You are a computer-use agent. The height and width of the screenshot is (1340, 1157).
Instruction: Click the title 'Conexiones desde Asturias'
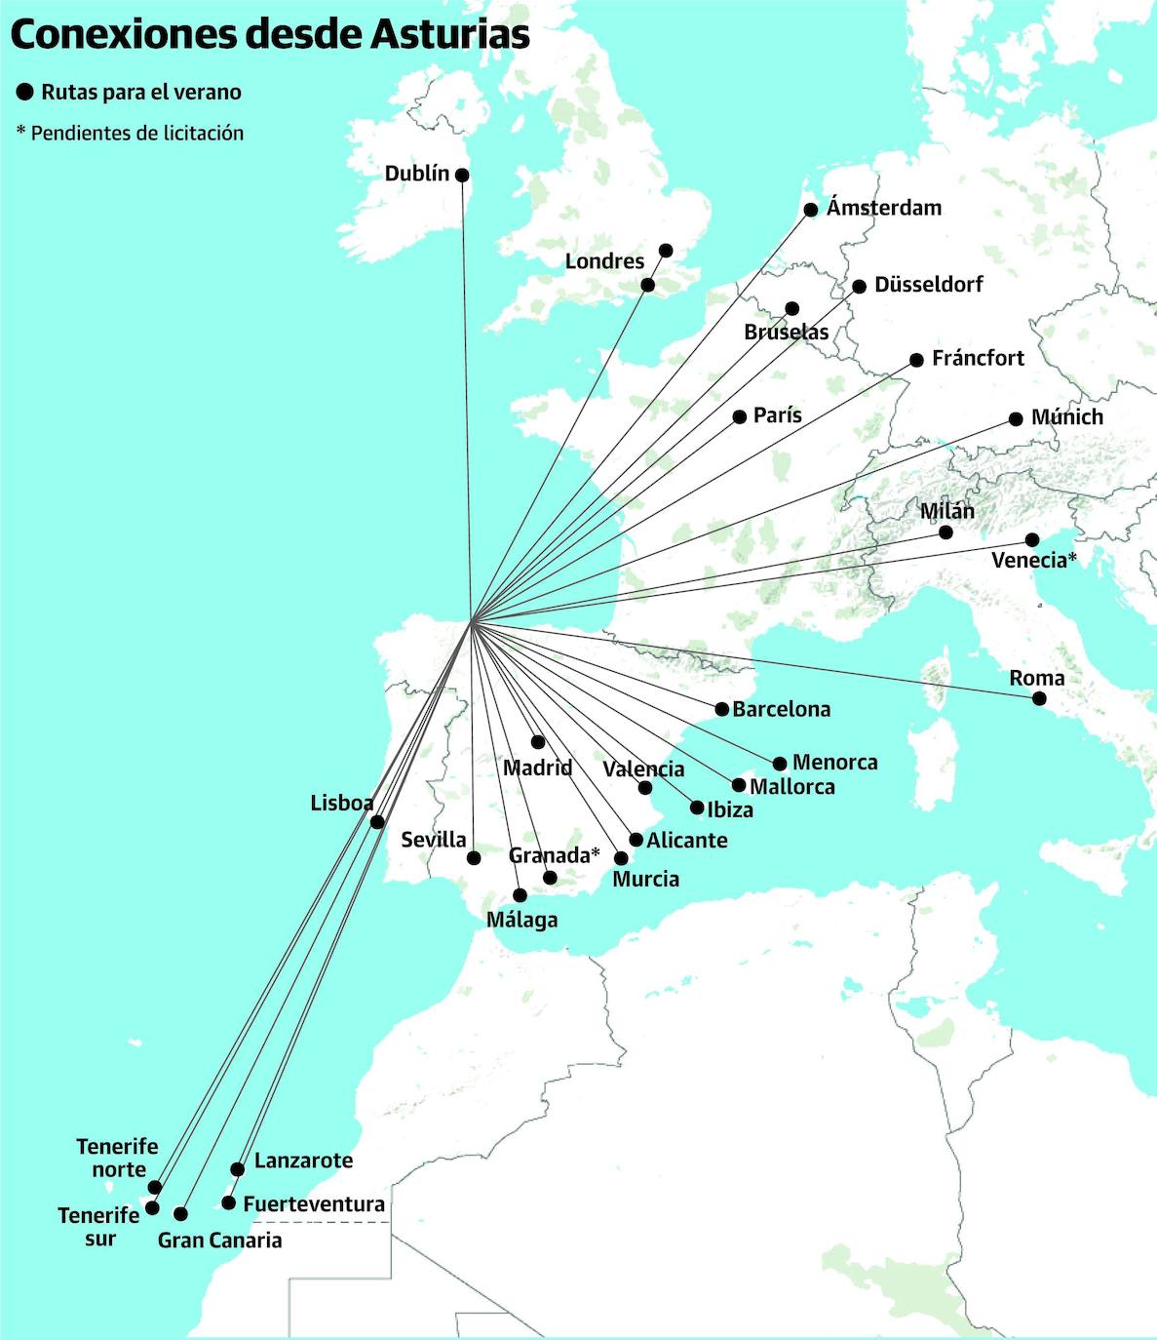tap(270, 34)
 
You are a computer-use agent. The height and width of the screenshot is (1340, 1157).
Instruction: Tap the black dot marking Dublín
tap(462, 176)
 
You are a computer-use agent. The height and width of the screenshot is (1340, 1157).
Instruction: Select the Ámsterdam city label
tap(884, 208)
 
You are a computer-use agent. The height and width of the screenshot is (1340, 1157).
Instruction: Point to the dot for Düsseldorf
tap(859, 287)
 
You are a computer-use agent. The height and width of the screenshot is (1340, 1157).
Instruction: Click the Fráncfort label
tap(978, 359)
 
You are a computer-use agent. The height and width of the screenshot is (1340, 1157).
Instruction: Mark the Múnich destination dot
tap(1016, 419)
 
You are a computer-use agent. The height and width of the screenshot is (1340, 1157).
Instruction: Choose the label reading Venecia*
tap(1034, 561)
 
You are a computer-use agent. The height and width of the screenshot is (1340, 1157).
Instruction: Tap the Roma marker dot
tap(1039, 698)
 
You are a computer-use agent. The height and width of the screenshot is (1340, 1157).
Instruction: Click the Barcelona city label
tap(782, 710)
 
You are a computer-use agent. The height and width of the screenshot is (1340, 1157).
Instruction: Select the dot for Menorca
tap(780, 764)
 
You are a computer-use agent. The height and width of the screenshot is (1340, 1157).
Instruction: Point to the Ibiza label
tap(730, 810)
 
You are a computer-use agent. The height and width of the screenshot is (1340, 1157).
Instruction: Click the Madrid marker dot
tap(538, 742)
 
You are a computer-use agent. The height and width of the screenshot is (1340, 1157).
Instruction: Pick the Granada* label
tap(554, 855)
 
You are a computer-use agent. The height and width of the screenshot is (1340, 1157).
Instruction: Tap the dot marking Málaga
tap(521, 895)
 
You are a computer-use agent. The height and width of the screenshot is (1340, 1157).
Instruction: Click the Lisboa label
tap(341, 804)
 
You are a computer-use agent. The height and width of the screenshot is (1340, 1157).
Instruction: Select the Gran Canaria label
tap(220, 1241)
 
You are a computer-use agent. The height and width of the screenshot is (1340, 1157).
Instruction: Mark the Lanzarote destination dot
tap(238, 1169)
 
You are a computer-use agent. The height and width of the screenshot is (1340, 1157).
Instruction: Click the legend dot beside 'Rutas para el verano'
tap(25, 93)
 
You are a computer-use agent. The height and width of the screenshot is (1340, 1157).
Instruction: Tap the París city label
tap(778, 415)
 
